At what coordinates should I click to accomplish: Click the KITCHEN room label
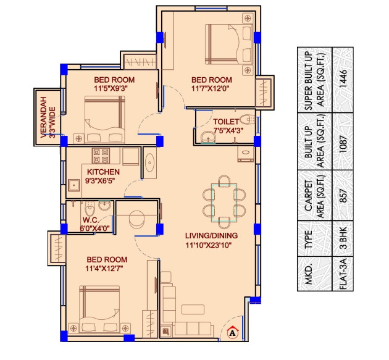tap(103, 172)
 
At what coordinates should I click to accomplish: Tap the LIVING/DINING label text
tap(212, 235)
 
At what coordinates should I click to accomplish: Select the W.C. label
tap(91, 220)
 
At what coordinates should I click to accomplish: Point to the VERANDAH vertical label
tap(44, 117)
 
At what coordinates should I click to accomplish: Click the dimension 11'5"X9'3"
tap(114, 88)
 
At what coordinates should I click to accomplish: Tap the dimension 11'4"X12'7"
tap(107, 268)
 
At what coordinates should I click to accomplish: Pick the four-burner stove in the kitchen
tap(101, 154)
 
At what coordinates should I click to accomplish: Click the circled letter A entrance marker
tap(233, 333)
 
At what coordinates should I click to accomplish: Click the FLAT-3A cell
tap(344, 275)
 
